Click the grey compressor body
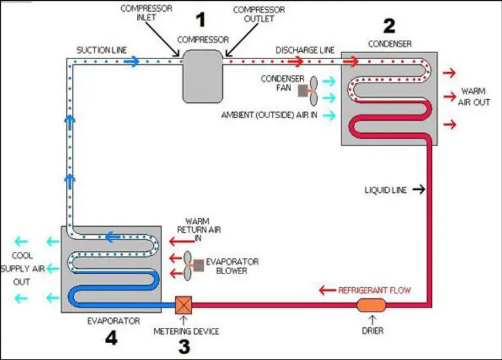tap(203, 76)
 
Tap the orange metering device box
tap(183, 305)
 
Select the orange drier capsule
tap(372, 305)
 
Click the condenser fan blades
tap(313, 91)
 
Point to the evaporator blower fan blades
tap(187, 266)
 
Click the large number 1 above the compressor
tap(201, 20)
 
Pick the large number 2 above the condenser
tap(389, 26)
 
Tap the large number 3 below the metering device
tap(184, 347)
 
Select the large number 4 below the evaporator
tap(111, 338)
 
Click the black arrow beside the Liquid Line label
tap(419, 190)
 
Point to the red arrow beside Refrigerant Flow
tap(328, 290)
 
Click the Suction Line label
tap(102, 50)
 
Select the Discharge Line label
tap(305, 50)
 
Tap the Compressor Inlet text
tap(146, 13)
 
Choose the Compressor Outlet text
tap(259, 14)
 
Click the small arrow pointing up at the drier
tap(372, 319)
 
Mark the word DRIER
tap(373, 331)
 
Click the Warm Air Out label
tap(474, 97)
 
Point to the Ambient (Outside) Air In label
tap(269, 115)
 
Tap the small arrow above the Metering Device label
tap(183, 320)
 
